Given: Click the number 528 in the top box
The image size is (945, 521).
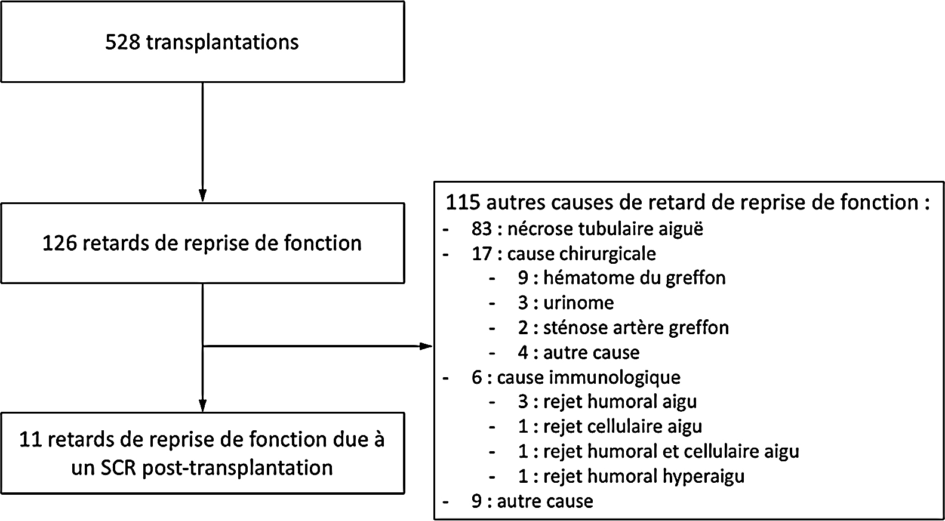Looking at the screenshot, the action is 122,42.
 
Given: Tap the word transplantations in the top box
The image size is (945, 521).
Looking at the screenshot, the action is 222,43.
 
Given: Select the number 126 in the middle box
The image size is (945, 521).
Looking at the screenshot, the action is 59,243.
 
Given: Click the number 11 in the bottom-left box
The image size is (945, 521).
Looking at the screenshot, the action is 30,440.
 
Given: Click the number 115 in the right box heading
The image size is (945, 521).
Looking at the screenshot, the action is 463,202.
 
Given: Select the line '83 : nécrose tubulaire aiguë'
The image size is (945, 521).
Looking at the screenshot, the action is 587,229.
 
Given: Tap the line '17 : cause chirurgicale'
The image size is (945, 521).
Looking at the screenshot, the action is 564,254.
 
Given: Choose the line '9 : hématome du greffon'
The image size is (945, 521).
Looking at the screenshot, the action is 622,278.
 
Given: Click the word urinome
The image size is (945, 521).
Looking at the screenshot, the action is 578,303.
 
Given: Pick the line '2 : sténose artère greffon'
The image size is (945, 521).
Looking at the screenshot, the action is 623,328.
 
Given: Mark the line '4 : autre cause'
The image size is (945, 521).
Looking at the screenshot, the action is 579,353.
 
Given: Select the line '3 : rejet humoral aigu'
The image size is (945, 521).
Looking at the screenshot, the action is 608,402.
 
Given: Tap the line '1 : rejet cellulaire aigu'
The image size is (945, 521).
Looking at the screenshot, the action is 610,427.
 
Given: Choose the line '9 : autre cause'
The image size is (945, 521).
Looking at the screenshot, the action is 532,501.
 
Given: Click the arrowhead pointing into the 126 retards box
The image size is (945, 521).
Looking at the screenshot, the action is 202,196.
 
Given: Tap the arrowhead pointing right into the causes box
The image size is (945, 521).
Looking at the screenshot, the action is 426,346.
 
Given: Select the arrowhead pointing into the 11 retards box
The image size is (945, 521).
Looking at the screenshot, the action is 202,405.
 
